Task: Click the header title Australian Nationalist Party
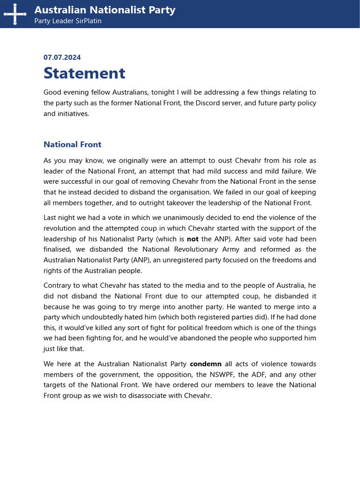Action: (x=105, y=10)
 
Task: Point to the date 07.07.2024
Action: (x=62, y=57)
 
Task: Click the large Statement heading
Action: (x=84, y=73)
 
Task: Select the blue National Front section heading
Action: (x=72, y=144)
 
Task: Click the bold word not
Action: (x=193, y=239)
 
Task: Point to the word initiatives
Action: (x=73, y=113)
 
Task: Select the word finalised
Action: (x=58, y=249)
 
